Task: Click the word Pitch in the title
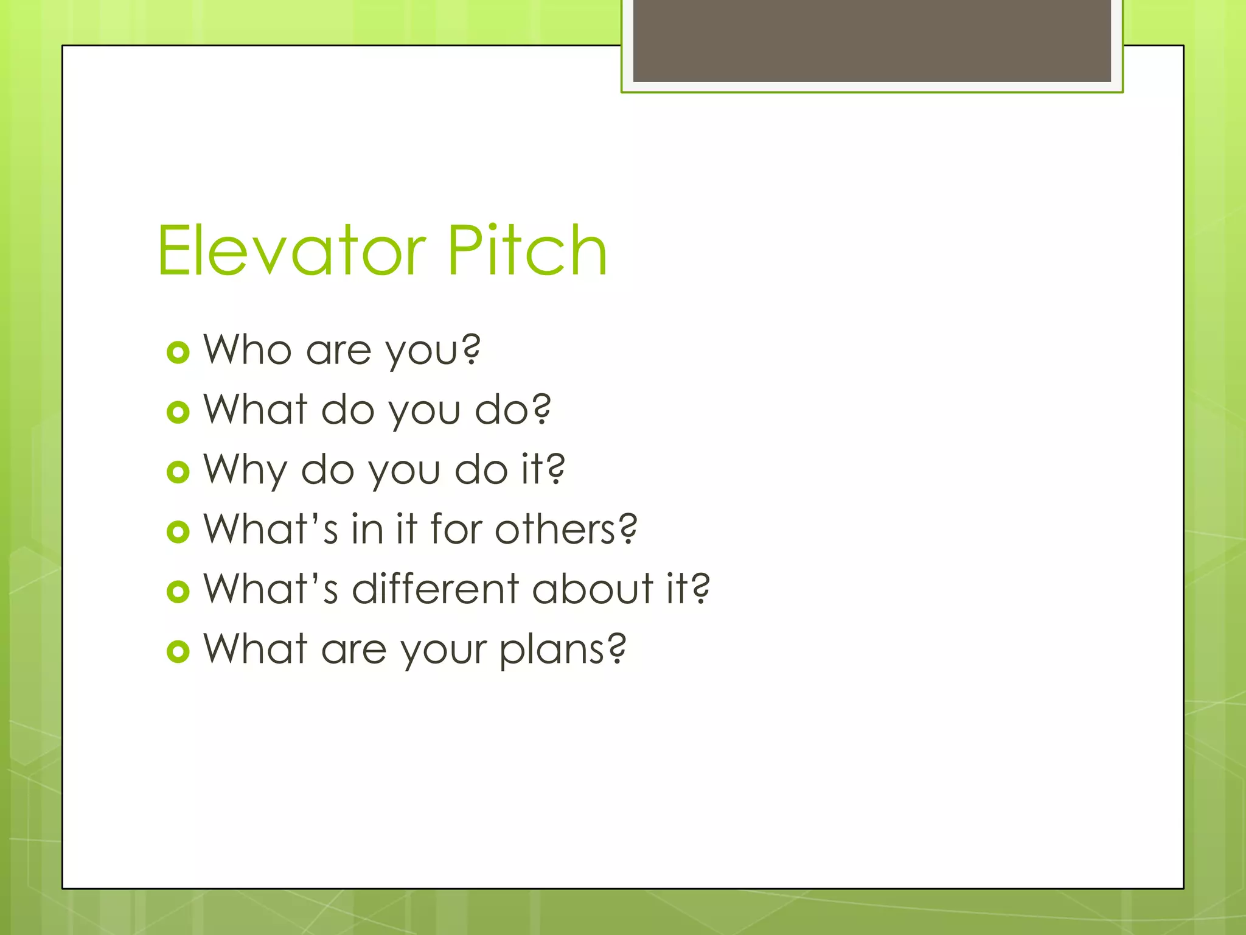tap(527, 251)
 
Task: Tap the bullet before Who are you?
tap(178, 352)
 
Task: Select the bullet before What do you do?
tap(178, 412)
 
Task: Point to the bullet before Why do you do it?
tap(178, 472)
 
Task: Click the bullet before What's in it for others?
tap(178, 531)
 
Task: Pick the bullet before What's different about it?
tap(178, 591)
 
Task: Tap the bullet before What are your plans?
tap(178, 651)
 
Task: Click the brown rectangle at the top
tap(871, 40)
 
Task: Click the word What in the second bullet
tap(255, 409)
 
